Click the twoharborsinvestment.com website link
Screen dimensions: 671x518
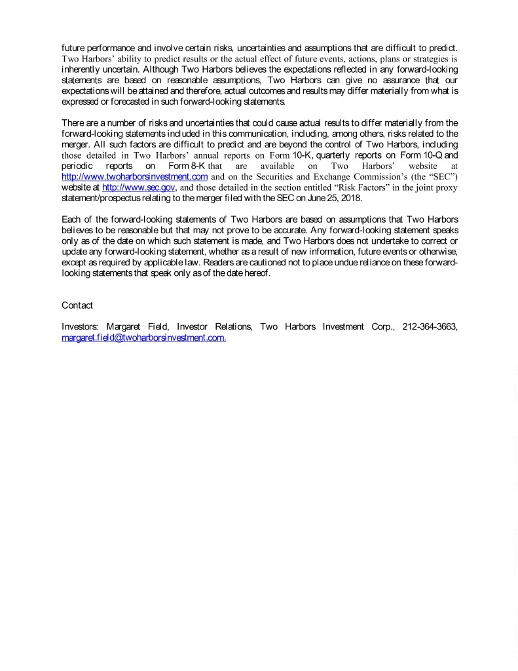(x=134, y=177)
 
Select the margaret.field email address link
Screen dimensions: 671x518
(x=143, y=337)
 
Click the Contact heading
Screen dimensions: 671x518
(x=77, y=305)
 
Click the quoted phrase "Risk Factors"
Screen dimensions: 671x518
(x=354, y=187)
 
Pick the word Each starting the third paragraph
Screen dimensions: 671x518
(x=71, y=220)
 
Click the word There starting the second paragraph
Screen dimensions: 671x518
(x=73, y=123)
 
